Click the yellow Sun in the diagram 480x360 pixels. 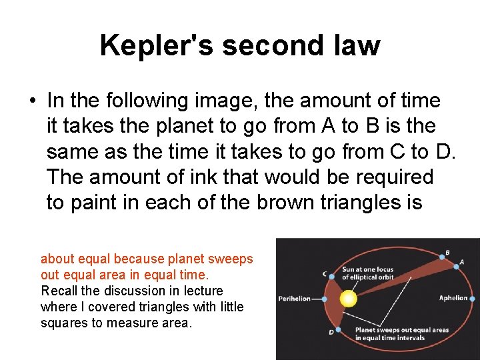click(348, 299)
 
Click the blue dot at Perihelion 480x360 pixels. click(324, 299)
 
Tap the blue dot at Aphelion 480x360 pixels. click(472, 299)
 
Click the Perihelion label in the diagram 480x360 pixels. click(295, 299)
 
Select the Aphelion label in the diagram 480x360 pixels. click(453, 298)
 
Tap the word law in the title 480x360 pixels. click(359, 45)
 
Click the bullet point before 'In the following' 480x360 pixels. click(31, 101)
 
